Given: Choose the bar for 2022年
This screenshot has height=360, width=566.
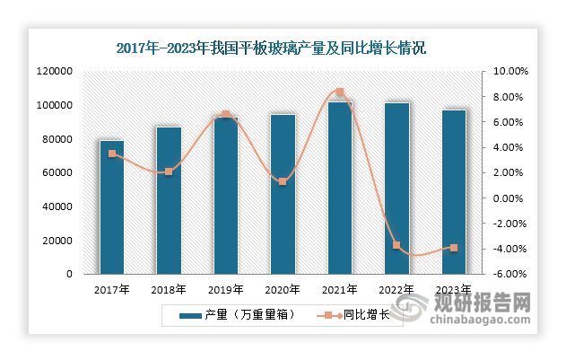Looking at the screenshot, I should [396, 188].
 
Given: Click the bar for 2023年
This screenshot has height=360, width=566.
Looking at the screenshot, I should [453, 191].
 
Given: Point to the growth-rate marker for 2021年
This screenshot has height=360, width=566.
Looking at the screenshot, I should [339, 92].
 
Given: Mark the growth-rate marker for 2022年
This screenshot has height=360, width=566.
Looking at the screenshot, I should [396, 245].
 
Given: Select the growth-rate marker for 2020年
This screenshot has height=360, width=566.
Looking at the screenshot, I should [283, 181].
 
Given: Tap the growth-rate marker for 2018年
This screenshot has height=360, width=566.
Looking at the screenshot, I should [169, 171].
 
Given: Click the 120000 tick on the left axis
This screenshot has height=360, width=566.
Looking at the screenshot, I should [55, 72].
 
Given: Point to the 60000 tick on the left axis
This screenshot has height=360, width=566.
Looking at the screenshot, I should [57, 173].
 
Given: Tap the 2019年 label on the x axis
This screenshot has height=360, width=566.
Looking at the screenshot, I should [225, 290].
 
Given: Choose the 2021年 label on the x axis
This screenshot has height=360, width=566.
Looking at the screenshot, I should [339, 290].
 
